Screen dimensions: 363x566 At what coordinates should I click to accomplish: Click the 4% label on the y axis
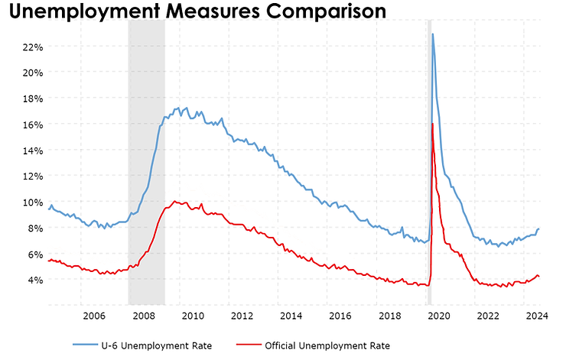click(34, 280)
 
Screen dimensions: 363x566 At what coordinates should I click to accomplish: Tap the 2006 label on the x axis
click(93, 316)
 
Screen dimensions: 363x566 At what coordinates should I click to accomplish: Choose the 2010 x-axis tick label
click(191, 316)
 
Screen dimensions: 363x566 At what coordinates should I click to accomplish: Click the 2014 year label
click(291, 316)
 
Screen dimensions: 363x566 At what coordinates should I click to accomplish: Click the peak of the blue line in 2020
click(433, 34)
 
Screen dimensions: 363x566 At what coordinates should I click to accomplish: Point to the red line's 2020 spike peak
click(433, 124)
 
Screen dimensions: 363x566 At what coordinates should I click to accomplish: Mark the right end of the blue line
click(539, 228)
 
